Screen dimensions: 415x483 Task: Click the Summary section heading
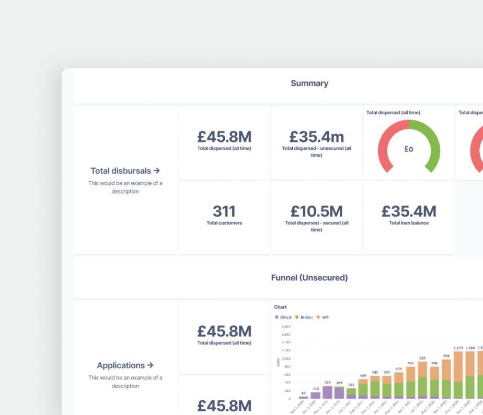coord(309,84)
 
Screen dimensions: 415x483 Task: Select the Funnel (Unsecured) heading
coord(309,278)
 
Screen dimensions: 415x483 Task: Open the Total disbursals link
coord(125,171)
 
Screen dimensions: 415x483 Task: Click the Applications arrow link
coord(125,365)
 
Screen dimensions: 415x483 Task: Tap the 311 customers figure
coord(224,211)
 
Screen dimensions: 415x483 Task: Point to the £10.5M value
coord(316,211)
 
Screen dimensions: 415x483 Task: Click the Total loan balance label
coord(409,223)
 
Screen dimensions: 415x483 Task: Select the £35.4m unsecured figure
coord(316,137)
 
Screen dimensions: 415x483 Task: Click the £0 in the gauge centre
coord(409,149)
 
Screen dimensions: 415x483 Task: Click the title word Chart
coord(280,307)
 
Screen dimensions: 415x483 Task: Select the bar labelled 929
coord(422,380)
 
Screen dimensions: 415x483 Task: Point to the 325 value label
coord(327,382)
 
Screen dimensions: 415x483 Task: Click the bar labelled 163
coord(315,395)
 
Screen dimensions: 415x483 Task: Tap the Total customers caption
coord(224,223)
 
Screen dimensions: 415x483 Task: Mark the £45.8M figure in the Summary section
coord(224,137)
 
